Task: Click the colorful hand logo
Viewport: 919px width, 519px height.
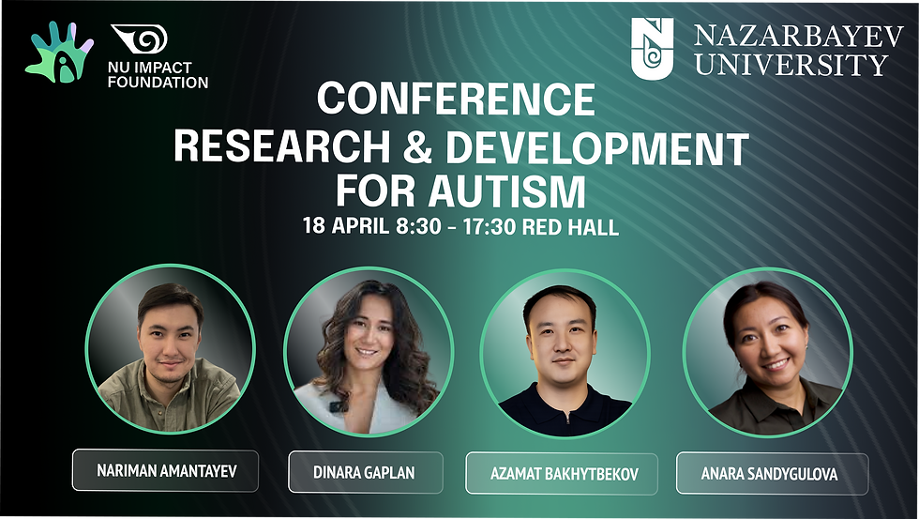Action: pyautogui.click(x=58, y=53)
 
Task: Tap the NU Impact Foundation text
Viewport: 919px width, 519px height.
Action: pyautogui.click(x=159, y=74)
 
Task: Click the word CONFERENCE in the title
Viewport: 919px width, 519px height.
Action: pyautogui.click(x=456, y=99)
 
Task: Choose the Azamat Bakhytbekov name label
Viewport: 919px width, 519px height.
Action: pyautogui.click(x=565, y=473)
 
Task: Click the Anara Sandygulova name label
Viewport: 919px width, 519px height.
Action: pyautogui.click(x=772, y=473)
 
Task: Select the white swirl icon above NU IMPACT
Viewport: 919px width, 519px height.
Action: pyautogui.click(x=139, y=40)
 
